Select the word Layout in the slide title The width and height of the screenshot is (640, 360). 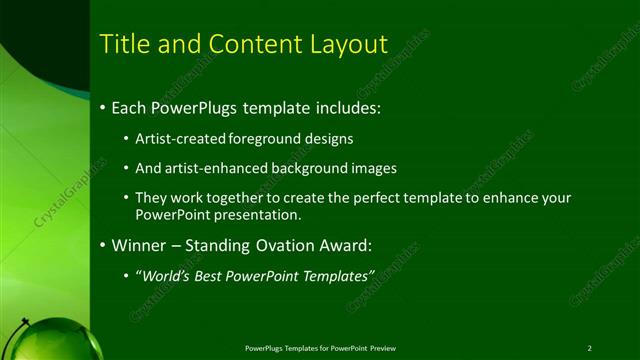point(344,44)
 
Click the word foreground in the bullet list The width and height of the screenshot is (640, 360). point(265,138)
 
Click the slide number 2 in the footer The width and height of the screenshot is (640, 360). point(589,348)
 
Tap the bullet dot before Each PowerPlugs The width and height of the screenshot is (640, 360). point(103,107)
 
